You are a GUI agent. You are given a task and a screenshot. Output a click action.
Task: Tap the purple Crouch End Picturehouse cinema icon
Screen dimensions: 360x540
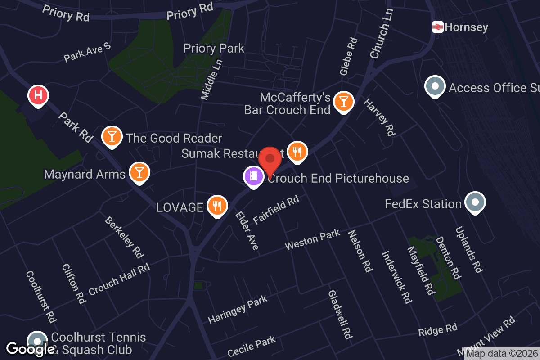[254, 176]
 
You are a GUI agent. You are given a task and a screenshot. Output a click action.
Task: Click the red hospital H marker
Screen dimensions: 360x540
[38, 95]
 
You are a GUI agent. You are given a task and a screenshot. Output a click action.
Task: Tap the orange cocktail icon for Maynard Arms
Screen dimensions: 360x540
[139, 172]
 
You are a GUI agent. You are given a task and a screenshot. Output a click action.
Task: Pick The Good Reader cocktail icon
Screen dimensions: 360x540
[112, 136]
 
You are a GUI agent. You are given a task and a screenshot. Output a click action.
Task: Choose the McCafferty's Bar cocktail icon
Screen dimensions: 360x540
[343, 101]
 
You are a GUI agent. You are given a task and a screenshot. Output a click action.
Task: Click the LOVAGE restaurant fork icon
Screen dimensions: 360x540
[217, 206]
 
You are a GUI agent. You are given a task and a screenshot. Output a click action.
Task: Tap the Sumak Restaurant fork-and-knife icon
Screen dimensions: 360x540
[297, 152]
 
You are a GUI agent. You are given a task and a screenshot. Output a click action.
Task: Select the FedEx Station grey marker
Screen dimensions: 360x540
[475, 202]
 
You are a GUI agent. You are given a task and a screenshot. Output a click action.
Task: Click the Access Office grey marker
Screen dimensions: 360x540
[435, 86]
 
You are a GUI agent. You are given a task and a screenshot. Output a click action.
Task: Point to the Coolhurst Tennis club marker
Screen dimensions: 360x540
[37, 341]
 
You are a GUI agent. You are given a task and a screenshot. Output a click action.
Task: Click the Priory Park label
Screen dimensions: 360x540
[214, 48]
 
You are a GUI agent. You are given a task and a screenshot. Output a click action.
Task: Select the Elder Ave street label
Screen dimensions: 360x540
[247, 230]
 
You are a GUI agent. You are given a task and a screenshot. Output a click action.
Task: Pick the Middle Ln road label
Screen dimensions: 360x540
[211, 79]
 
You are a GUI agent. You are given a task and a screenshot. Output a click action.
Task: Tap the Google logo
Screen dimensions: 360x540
[31, 349]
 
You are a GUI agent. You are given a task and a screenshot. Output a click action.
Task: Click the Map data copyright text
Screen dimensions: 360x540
[502, 354]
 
